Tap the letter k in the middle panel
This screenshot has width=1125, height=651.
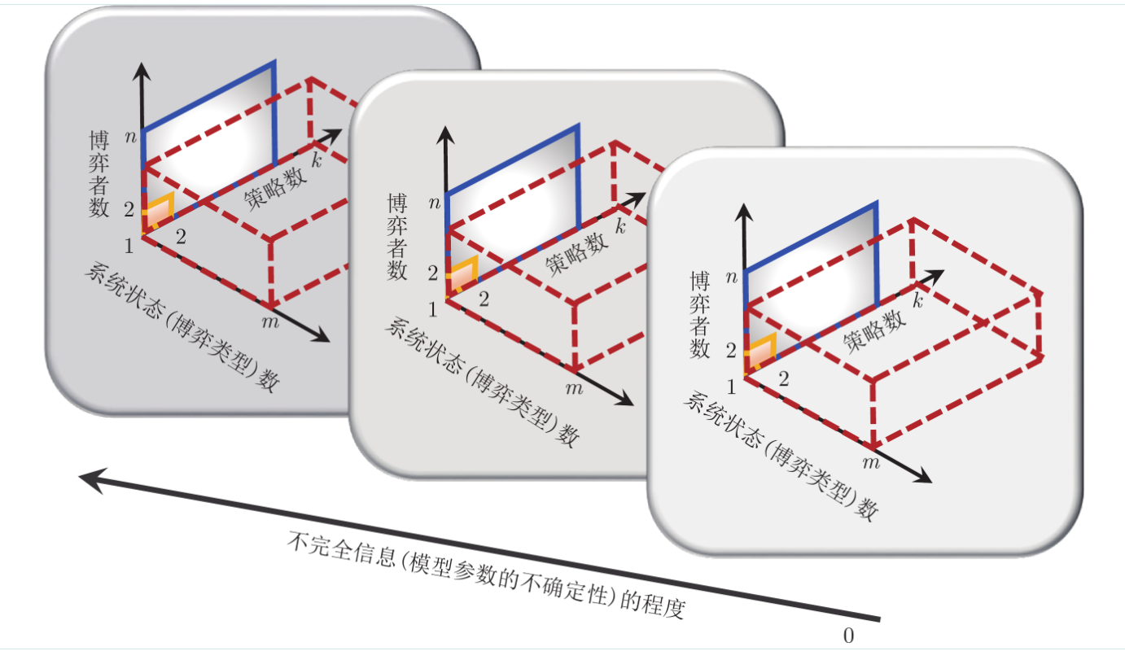621,225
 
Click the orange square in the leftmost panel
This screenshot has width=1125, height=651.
159,211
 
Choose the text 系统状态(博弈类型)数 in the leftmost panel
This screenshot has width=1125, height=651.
179,329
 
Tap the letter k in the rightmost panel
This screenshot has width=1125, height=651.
917,302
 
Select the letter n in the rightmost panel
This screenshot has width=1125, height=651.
732,278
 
